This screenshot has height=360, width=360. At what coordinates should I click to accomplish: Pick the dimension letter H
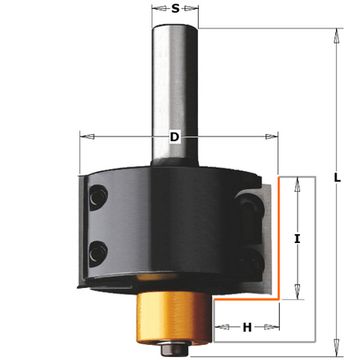pos(247,328)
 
